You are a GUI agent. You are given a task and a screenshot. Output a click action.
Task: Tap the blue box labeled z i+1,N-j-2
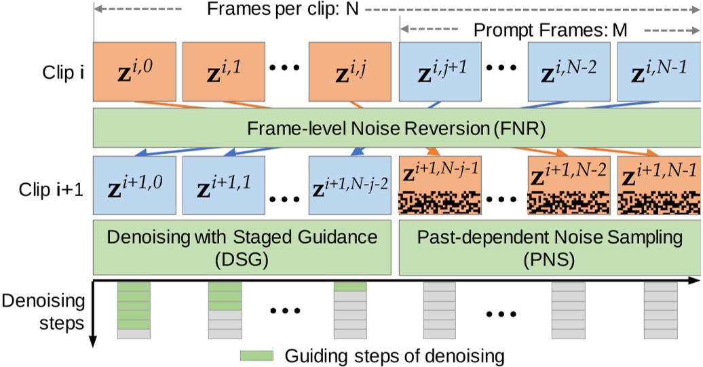coord(350,185)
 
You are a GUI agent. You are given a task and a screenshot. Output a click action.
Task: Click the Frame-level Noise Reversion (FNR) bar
coord(396,128)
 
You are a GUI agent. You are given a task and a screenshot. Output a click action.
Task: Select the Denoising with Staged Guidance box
coord(243,247)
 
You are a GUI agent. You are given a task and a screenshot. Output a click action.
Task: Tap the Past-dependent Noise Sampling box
coord(550,247)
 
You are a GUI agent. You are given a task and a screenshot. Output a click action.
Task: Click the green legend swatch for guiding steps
coord(256,355)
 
